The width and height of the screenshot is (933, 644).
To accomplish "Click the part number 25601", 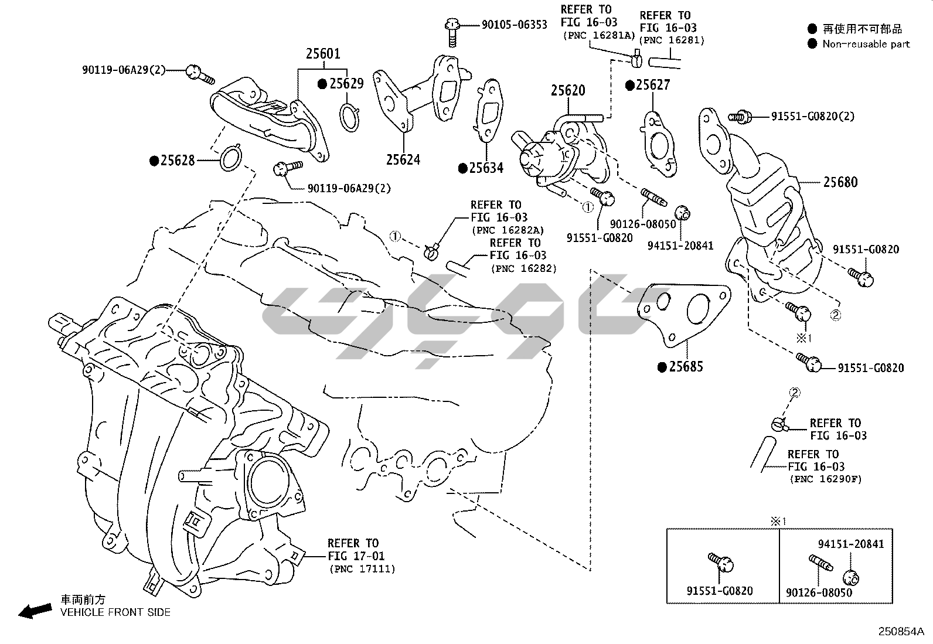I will (x=322, y=54).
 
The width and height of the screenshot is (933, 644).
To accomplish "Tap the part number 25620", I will (x=567, y=91).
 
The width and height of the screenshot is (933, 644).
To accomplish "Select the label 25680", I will (x=840, y=182).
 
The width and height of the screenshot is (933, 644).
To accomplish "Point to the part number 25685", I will (x=686, y=367).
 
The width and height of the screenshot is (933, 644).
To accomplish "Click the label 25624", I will (x=403, y=159).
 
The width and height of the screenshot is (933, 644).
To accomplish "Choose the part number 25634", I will (x=486, y=168).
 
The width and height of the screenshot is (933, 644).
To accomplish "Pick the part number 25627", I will (x=652, y=86).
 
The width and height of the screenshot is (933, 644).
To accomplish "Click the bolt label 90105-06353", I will (x=514, y=25).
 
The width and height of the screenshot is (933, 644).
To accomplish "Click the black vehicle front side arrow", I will (x=35, y=611).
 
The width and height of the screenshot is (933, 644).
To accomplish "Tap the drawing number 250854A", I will (x=900, y=632).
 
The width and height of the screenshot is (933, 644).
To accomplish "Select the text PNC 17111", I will (x=362, y=569).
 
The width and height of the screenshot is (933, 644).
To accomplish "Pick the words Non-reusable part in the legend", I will (x=866, y=44).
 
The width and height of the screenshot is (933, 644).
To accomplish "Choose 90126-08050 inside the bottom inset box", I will (x=819, y=592).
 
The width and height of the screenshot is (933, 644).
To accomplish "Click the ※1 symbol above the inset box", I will (x=778, y=520).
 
